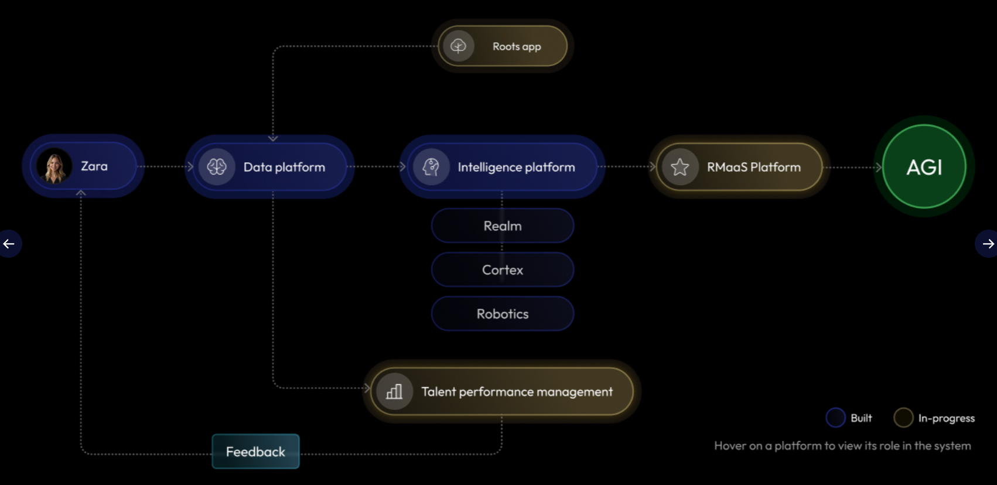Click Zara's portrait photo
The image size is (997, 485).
[54, 167]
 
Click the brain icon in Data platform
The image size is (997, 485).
[217, 167]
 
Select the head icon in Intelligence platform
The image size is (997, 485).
[431, 167]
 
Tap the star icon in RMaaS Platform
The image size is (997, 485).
[680, 168]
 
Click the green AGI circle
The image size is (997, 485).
[924, 167]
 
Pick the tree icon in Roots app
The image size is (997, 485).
[458, 46]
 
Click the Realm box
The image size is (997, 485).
[503, 226]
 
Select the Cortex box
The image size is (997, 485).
[503, 270]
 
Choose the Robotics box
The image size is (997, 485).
[503, 314]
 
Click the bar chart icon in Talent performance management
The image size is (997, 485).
[394, 391]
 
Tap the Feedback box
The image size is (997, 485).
[255, 452]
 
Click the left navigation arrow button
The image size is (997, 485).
[9, 244]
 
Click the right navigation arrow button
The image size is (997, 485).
[988, 244]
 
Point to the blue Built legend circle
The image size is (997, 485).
[835, 418]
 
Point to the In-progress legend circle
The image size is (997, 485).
[903, 418]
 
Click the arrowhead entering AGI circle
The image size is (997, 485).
[878, 168]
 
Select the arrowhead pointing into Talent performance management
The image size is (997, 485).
[367, 388]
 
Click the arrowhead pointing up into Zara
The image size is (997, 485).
[81, 193]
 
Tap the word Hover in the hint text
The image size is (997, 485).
[730, 446]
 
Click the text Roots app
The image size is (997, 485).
[517, 46]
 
